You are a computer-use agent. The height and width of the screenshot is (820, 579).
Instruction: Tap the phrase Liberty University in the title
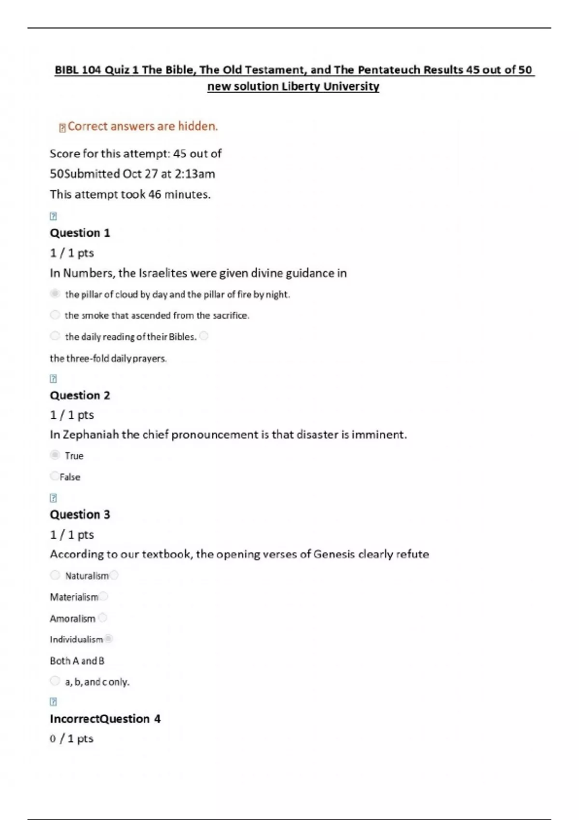tap(331, 87)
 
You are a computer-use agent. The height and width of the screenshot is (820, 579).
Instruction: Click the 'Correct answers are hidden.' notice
tap(142, 126)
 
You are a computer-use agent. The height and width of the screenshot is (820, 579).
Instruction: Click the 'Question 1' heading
tap(80, 233)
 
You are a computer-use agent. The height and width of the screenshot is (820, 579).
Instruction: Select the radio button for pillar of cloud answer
tap(55, 294)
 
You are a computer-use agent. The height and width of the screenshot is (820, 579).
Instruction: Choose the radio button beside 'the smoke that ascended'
tap(55, 315)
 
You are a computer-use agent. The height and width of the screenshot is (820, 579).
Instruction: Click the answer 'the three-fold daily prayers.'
tap(108, 358)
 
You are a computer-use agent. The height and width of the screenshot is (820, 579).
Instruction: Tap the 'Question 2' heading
tap(80, 396)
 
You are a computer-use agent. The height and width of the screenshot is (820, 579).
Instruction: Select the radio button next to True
tap(55, 455)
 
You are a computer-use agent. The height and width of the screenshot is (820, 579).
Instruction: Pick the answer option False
tap(70, 477)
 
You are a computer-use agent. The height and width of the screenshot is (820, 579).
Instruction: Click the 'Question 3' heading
tap(80, 515)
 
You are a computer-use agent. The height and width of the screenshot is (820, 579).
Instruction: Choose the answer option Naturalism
tap(87, 576)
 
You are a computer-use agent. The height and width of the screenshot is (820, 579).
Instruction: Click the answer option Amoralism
tap(72, 619)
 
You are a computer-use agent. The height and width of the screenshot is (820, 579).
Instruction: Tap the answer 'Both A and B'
tap(77, 661)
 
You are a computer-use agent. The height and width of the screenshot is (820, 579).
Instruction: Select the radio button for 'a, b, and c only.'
tap(55, 681)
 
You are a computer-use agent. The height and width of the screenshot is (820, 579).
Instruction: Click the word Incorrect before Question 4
tap(74, 719)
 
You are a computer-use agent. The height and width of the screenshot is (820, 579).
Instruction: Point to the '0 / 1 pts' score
tap(71, 739)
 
